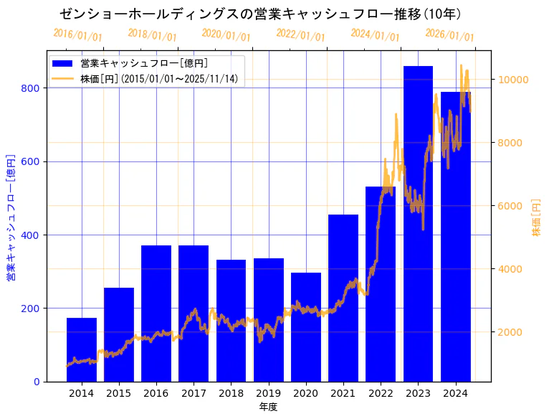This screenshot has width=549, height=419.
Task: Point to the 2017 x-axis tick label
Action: pyautogui.click(x=194, y=393)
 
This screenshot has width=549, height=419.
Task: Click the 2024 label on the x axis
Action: pyautogui.click(x=456, y=393)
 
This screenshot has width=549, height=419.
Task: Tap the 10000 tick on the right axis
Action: pyautogui.click(x=514, y=80)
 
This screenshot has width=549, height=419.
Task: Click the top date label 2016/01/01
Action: pyautogui.click(x=77, y=35)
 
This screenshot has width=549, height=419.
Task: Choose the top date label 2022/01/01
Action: pyautogui.click(x=300, y=35)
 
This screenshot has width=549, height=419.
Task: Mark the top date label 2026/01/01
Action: pyautogui.click(x=449, y=35)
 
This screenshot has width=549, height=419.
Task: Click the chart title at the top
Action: pyautogui.click(x=260, y=14)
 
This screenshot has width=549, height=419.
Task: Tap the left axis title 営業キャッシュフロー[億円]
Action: pyautogui.click(x=11, y=217)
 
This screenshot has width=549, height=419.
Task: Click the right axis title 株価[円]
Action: pyautogui.click(x=536, y=217)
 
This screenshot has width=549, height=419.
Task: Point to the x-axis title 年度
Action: pyautogui.click(x=268, y=407)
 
